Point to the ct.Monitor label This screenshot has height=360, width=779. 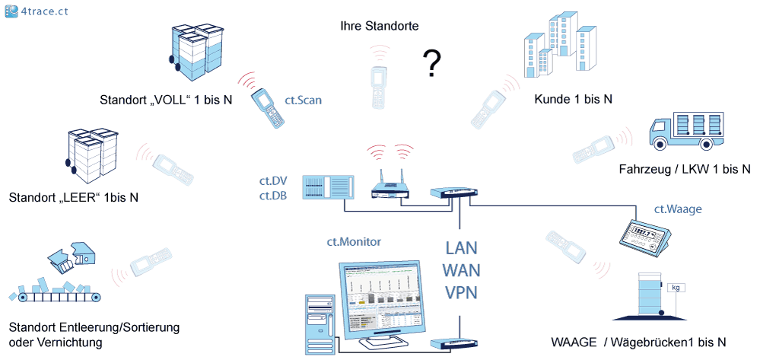[x=354, y=241]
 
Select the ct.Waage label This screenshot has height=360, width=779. [x=678, y=209]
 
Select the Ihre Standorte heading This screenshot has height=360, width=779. [x=380, y=27]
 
